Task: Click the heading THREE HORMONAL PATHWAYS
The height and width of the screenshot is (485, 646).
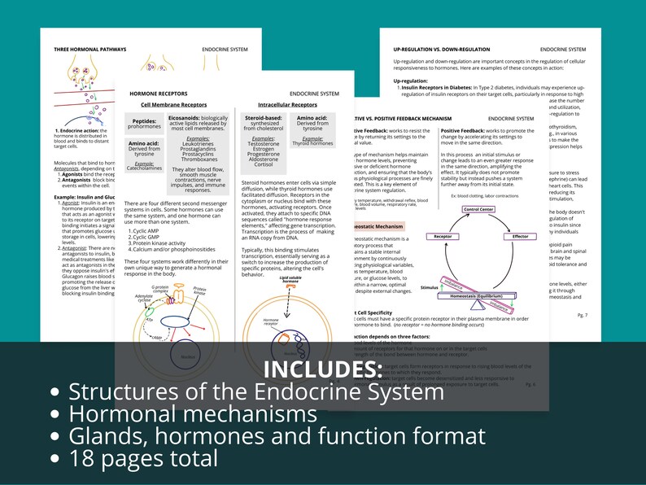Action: pos(89,50)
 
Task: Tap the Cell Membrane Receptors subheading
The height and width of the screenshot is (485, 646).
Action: pos(173,105)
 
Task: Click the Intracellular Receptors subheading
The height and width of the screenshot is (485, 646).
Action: pos(287,105)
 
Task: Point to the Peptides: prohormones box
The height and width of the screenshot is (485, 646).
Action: pos(145,123)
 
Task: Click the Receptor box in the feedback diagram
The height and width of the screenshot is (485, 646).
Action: pos(443,236)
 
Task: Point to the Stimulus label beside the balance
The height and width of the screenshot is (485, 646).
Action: pos(430,287)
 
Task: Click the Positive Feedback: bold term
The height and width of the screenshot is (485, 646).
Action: pos(465,130)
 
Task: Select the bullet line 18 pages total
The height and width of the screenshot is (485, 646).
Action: pos(143,458)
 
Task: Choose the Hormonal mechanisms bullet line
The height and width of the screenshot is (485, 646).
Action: pos(193,413)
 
